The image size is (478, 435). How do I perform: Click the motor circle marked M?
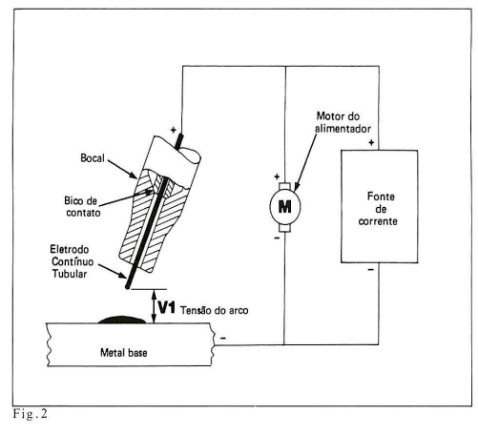284,207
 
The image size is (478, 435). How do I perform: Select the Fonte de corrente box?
379,206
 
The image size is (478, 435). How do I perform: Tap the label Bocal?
93,158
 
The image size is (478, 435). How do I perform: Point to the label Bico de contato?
82,207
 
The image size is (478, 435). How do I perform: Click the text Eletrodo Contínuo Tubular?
72,261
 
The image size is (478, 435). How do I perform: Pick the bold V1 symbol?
167,307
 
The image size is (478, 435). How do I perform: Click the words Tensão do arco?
215,310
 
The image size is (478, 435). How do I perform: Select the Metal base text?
124,352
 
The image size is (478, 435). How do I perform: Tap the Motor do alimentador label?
343,122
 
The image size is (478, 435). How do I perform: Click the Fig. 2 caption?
31,414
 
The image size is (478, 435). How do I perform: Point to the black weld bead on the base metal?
121,320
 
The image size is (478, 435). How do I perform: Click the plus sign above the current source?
371,142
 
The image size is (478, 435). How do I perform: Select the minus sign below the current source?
371,270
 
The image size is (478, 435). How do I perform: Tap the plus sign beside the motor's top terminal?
277,176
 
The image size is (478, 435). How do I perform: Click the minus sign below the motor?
277,238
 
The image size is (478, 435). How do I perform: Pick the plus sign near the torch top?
173,130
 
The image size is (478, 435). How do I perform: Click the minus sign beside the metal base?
223,338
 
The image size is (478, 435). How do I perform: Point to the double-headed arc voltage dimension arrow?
154,306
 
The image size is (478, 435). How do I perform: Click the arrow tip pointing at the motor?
296,191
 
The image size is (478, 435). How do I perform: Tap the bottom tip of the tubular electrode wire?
127,287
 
